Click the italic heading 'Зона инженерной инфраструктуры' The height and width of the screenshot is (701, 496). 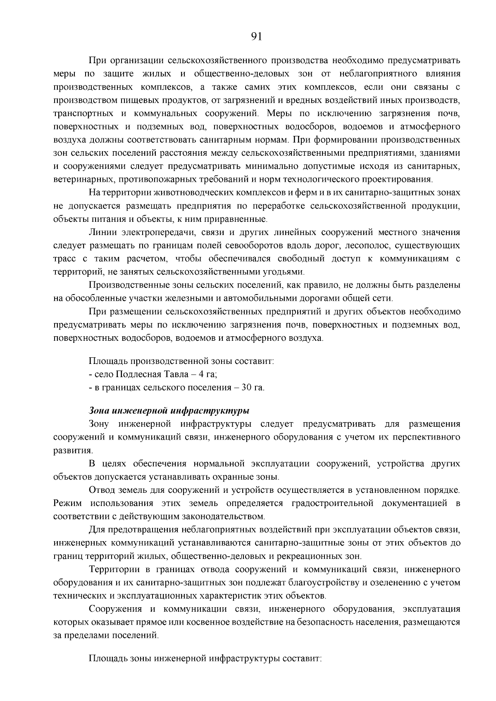tap(169, 411)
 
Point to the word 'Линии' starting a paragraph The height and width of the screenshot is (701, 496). tap(101, 233)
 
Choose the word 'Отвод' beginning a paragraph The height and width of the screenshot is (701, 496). tap(102, 490)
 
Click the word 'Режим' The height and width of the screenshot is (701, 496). tap(68, 503)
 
